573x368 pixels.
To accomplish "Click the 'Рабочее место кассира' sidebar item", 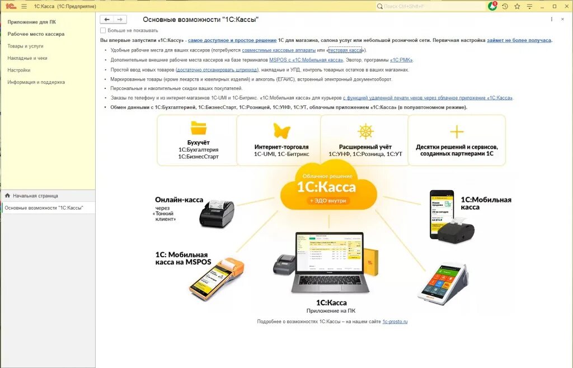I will click(x=36, y=34).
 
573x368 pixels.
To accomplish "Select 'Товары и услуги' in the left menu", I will click(x=25, y=46).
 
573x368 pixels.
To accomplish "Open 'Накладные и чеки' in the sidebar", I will click(x=27, y=58).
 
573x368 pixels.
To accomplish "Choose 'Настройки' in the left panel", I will click(x=19, y=70).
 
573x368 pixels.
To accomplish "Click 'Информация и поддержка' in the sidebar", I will click(x=36, y=82).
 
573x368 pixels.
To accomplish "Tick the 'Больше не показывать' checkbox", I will click(x=103, y=30).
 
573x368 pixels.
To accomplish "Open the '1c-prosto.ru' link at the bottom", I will click(x=395, y=322).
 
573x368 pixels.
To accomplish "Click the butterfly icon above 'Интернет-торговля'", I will click(x=281, y=131).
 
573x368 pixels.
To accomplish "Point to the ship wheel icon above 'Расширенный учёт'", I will click(x=365, y=131).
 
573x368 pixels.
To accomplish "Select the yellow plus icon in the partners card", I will click(x=457, y=132).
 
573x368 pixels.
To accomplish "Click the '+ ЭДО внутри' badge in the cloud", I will click(x=328, y=200).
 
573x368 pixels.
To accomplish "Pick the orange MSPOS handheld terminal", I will click(x=212, y=278).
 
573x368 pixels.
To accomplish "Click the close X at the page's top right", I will click(x=562, y=19).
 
